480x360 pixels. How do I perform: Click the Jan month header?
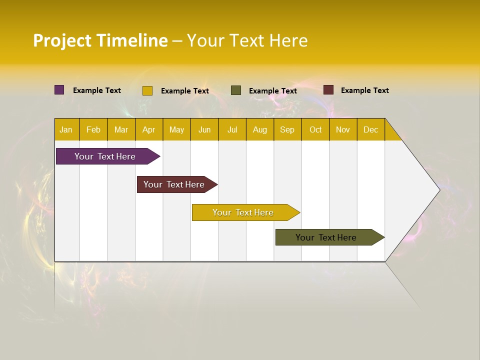[x=66, y=129]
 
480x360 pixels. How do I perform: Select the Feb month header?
[x=93, y=129]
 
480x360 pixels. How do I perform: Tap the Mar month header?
[x=121, y=129]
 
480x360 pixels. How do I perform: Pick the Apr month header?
[x=149, y=129]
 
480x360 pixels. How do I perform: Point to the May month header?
[x=176, y=129]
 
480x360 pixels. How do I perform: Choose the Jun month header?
[x=204, y=129]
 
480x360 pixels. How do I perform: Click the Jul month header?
[x=232, y=129]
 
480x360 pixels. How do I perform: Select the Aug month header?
[x=260, y=129]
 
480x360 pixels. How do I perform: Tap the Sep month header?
[x=287, y=129]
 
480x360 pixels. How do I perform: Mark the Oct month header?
[x=315, y=129]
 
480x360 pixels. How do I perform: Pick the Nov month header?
[x=343, y=129]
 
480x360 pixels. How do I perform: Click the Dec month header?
[x=371, y=129]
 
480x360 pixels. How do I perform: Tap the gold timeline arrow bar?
[x=243, y=212]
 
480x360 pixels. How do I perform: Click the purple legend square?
[x=59, y=90]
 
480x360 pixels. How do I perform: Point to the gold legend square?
[x=147, y=90]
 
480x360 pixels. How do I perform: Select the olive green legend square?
[x=236, y=90]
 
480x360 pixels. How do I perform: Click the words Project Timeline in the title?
[x=100, y=40]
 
